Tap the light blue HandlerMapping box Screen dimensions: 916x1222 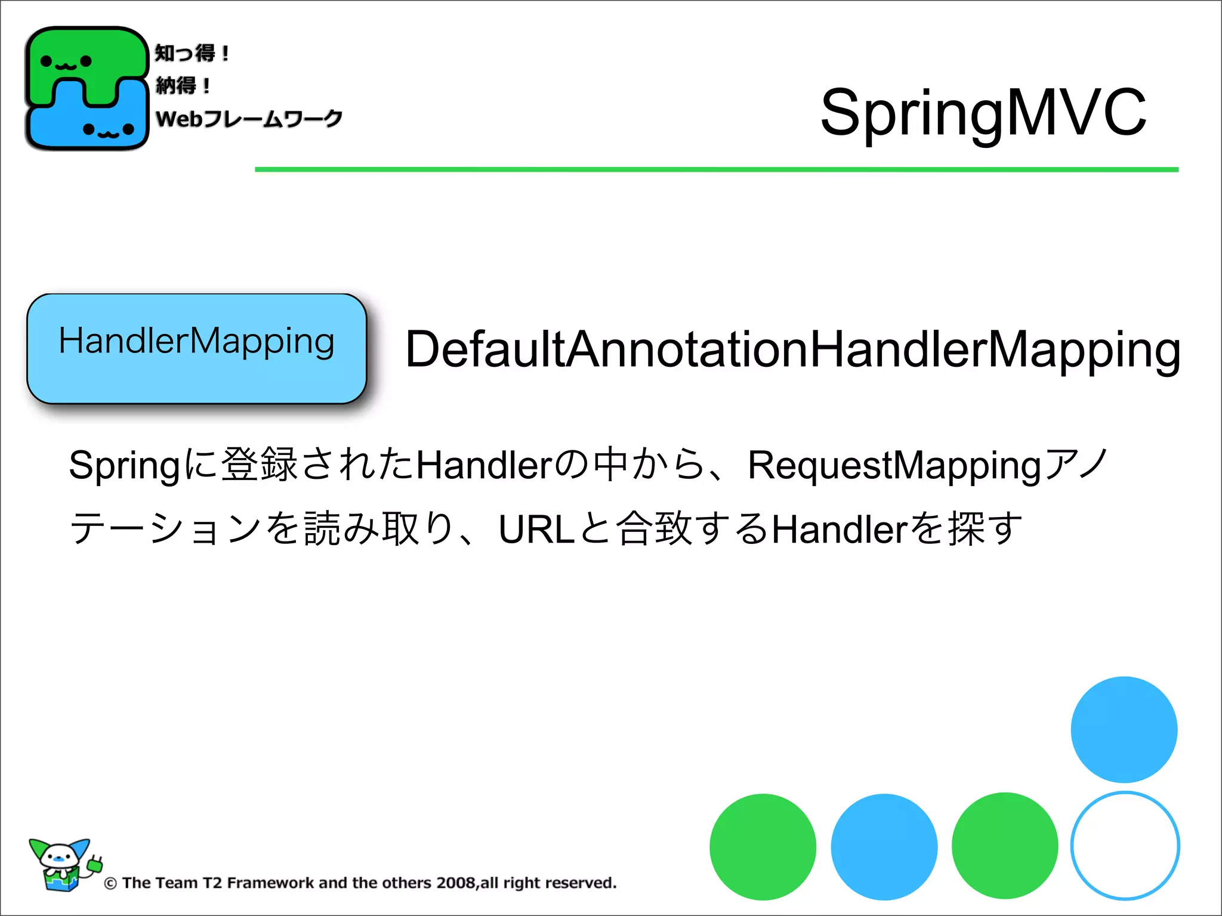[x=196, y=348]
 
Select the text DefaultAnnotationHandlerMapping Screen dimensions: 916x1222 [x=792, y=350]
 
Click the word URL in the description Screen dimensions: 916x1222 [x=536, y=529]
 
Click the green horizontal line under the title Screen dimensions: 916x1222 [x=716, y=170]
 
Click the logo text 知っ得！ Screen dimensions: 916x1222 [x=192, y=54]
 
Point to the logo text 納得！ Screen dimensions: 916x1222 [x=183, y=86]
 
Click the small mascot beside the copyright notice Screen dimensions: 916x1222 [x=63, y=865]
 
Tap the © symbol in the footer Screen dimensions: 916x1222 [x=110, y=884]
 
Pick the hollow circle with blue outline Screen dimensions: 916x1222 [x=1125, y=846]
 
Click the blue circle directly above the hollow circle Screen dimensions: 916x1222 [x=1124, y=729]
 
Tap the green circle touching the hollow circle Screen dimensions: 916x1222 [x=1005, y=846]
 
